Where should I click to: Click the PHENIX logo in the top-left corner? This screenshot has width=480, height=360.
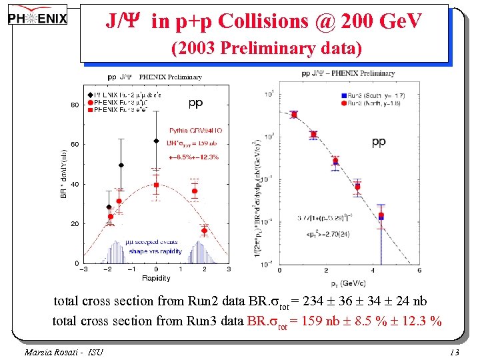pos(38,17)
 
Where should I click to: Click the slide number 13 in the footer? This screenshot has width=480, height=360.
pos(455,352)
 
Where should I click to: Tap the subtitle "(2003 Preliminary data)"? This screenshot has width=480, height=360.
pos(267,49)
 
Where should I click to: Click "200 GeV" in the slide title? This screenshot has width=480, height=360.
pos(381,21)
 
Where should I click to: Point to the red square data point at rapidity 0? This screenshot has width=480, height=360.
pos(156,185)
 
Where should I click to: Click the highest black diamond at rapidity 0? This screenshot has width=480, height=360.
pos(156,141)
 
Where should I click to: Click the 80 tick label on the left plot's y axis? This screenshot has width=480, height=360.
pos(75,105)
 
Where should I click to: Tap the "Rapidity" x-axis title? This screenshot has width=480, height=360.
pos(155,278)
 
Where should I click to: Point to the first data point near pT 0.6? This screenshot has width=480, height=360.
pos(294,115)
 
